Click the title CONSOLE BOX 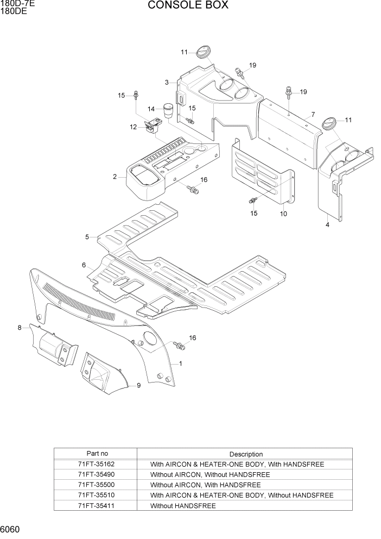pyautogui.click(x=187, y=5)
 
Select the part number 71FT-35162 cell pyautogui.click(x=96, y=465)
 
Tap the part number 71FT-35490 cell pyautogui.click(x=96, y=474)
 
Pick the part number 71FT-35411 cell pyautogui.click(x=96, y=505)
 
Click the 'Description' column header pyautogui.click(x=245, y=454)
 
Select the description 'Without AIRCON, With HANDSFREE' pyautogui.click(x=205, y=485)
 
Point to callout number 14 pyautogui.click(x=151, y=109)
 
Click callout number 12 pyautogui.click(x=133, y=127)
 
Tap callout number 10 pyautogui.click(x=283, y=214)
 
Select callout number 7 pyautogui.click(x=313, y=115)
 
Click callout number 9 pyautogui.click(x=138, y=385)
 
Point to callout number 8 pyautogui.click(x=20, y=328)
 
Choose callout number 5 pyautogui.click(x=87, y=237)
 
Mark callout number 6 pyautogui.click(x=84, y=265)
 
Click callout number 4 pyautogui.click(x=327, y=224)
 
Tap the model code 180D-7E pyautogui.click(x=17, y=3)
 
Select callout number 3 pyautogui.click(x=168, y=83)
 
